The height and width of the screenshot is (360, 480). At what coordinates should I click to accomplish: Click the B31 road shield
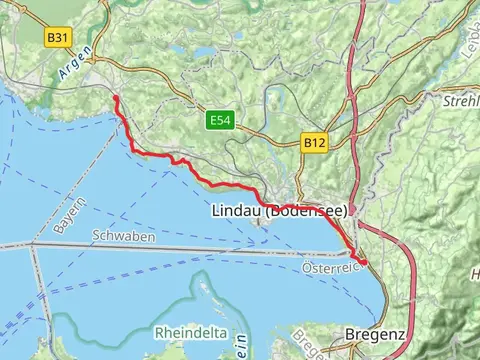pyautogui.click(x=59, y=37)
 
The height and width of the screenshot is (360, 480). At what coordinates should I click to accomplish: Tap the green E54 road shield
pyautogui.click(x=220, y=120)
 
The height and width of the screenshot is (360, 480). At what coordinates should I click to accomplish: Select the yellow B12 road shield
pyautogui.click(x=314, y=144)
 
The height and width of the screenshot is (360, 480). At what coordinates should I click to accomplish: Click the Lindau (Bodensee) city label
pyautogui.click(x=280, y=211)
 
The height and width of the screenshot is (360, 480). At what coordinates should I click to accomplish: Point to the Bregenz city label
pyautogui.click(x=374, y=334)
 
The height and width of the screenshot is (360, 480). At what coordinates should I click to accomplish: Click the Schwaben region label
pyautogui.click(x=122, y=236)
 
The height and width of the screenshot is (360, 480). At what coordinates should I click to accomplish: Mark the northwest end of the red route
pyautogui.click(x=116, y=97)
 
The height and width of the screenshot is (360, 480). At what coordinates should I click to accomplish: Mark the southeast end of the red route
pyautogui.click(x=364, y=263)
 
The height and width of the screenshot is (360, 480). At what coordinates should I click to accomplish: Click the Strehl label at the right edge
pyautogui.click(x=461, y=101)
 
